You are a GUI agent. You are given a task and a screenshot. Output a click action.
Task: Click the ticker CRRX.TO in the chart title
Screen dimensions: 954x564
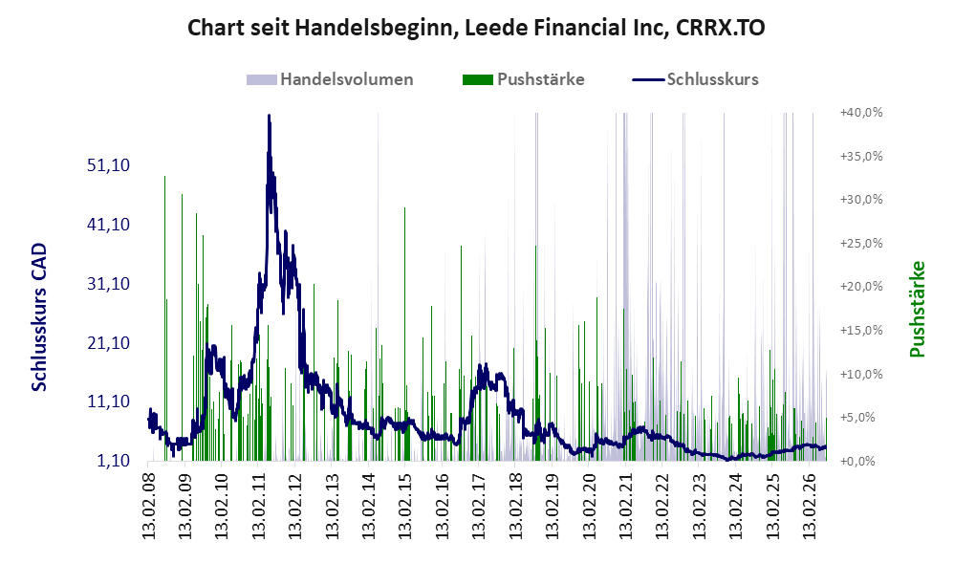721,28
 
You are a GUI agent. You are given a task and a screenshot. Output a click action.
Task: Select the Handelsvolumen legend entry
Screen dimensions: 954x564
330,79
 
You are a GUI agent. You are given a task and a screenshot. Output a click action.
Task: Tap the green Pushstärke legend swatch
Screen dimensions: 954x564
478,79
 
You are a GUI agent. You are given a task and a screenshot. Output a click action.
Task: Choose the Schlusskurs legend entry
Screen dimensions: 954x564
695,79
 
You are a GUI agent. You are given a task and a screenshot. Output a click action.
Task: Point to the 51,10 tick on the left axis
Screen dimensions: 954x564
109,164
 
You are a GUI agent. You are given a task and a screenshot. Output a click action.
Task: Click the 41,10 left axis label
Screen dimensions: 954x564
109,224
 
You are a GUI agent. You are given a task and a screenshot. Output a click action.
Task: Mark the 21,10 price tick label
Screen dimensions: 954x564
109,342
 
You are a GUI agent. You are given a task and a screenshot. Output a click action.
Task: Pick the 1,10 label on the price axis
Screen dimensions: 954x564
114,461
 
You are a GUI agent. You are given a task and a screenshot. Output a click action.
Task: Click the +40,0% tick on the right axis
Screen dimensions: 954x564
861,113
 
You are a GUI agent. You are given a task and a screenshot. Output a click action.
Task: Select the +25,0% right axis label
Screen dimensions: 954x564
861,244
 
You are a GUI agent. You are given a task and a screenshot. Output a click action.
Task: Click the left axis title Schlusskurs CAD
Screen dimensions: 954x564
39,317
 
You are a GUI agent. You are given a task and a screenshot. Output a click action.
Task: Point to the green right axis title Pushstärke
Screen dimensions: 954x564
917,309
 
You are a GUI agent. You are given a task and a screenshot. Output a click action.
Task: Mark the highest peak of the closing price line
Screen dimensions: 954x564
269,115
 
